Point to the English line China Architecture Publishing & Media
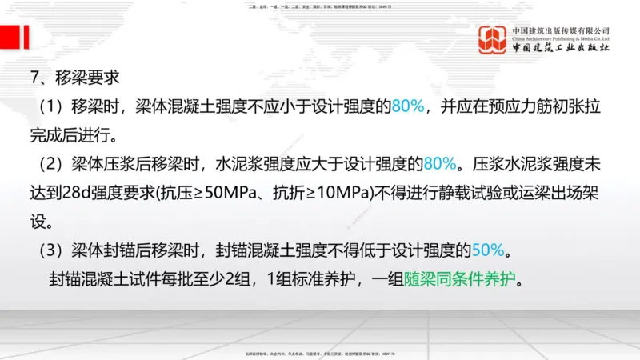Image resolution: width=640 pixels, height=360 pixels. (562, 38)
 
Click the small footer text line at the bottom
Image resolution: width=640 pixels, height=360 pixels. (320, 354)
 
